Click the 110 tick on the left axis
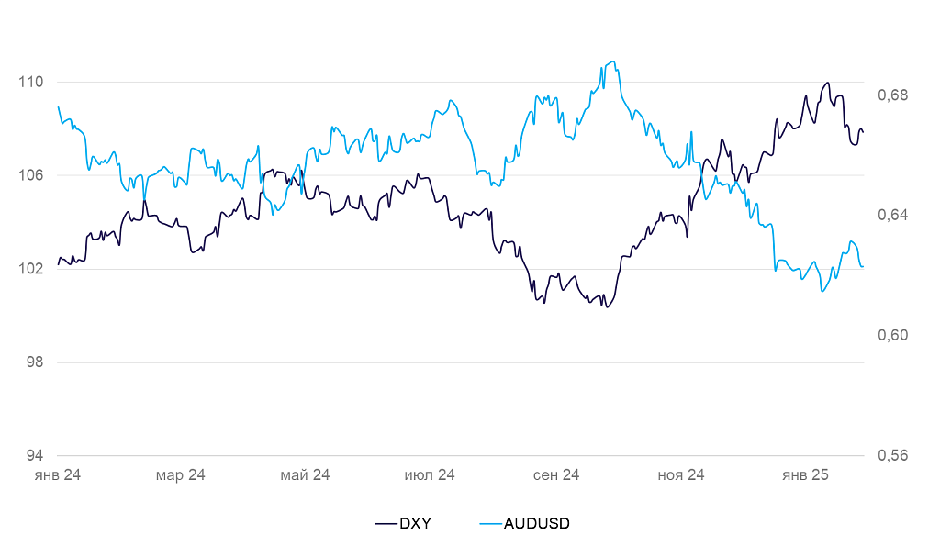[30, 82]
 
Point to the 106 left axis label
[30, 175]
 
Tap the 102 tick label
[30, 269]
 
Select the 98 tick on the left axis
[34, 362]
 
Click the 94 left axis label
[34, 456]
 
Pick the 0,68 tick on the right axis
[892, 95]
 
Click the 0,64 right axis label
[892, 215]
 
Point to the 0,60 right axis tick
[892, 335]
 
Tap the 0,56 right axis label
[892, 456]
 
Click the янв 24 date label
[58, 475]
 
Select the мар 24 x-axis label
[181, 475]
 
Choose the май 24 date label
[305, 475]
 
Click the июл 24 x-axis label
[430, 475]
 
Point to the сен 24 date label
[556, 475]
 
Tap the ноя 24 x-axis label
[681, 475]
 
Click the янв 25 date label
[805, 475]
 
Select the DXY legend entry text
[415, 524]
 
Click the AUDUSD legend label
[537, 524]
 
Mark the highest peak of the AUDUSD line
[612, 61]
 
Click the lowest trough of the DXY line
[607, 306]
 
